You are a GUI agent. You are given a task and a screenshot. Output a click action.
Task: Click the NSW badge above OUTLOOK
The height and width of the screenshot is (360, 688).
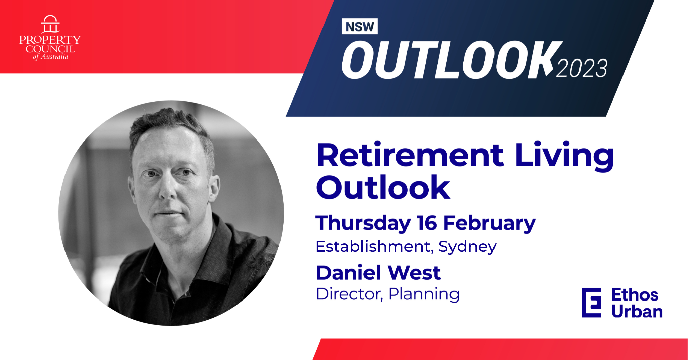coord(359,26)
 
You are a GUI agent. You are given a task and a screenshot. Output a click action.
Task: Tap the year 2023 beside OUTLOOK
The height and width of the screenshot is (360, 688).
coord(582,69)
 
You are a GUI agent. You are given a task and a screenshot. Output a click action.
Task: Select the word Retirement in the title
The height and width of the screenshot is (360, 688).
coord(410,155)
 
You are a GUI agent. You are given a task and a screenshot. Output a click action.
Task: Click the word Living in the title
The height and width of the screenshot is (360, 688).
coord(564,157)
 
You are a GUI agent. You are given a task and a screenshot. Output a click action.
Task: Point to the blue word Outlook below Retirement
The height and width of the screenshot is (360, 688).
coord(383,188)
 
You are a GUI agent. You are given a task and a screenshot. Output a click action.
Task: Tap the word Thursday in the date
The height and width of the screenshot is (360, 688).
coord(363,224)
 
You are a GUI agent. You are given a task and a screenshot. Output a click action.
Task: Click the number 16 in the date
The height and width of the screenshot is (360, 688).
coord(427,223)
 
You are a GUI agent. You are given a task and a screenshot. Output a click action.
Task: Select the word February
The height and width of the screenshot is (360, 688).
coord(489,224)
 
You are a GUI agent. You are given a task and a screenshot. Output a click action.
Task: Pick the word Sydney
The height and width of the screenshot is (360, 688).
coord(467,247)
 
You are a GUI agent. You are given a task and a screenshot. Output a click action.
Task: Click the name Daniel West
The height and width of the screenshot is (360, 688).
coord(378,272)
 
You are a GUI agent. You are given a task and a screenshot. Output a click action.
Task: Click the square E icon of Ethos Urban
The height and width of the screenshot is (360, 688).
coord(591,303)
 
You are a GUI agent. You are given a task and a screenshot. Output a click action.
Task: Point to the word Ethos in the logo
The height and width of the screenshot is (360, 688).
coord(635,295)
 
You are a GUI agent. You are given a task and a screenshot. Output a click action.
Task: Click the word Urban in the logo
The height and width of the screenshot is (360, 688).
coord(637,312)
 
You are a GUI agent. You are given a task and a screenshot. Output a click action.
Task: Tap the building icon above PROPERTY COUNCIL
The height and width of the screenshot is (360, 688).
coord(50,24)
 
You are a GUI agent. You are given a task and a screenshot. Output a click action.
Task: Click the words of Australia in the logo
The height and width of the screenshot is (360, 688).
coord(50,57)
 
